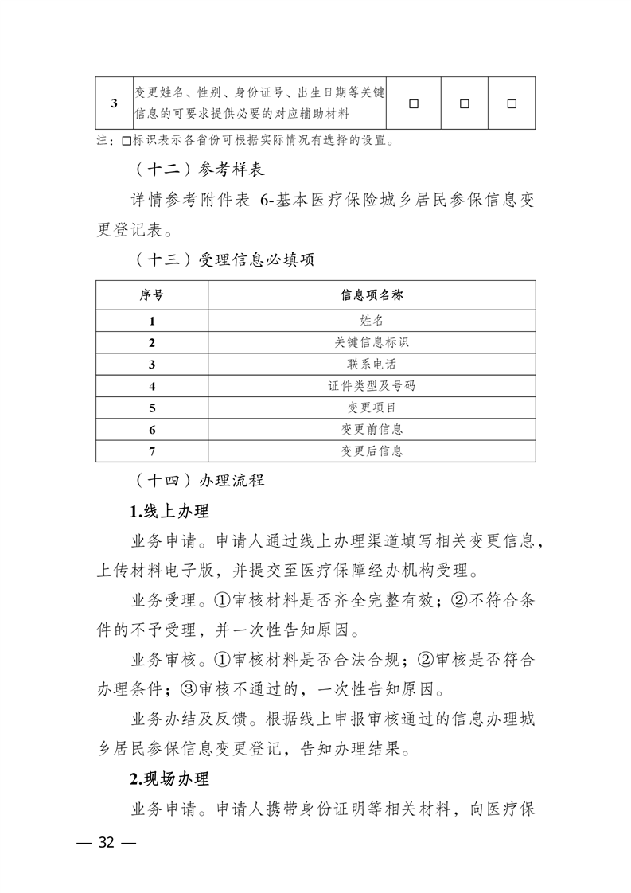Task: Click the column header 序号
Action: tap(151, 294)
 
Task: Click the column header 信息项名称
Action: tap(372, 294)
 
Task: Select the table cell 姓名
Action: tap(372, 321)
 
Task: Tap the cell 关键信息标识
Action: tap(372, 342)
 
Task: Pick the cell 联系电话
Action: tap(372, 364)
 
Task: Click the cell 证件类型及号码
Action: tap(372, 386)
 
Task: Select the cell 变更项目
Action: tap(372, 408)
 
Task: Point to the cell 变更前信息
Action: tap(372, 429)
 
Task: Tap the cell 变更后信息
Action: tap(372, 450)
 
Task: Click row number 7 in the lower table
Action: tap(151, 451)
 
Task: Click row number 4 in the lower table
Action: tap(151, 386)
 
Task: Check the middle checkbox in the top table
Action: tap(465, 103)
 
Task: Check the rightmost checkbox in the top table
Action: tap(512, 103)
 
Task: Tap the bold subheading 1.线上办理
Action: tap(169, 510)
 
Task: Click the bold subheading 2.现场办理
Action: tap(169, 778)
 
